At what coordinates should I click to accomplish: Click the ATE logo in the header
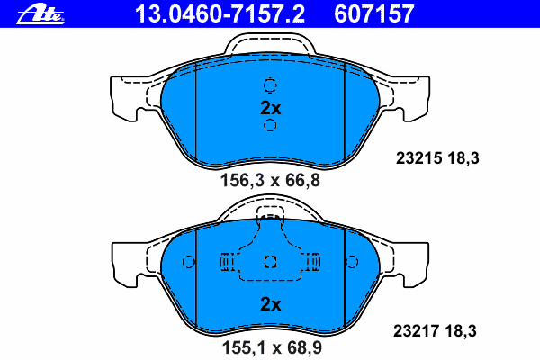tap(40, 14)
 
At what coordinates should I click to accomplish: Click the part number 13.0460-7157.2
tap(220, 13)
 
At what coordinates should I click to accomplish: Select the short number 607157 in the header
tap(373, 13)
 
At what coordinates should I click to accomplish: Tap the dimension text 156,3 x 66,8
tap(270, 180)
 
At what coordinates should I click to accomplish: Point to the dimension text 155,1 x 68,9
tap(272, 347)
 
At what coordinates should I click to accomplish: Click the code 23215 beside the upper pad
tap(418, 158)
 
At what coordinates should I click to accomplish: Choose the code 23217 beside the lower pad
tap(417, 331)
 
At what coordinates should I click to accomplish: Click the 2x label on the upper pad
tap(271, 108)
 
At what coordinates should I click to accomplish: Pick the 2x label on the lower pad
tap(271, 304)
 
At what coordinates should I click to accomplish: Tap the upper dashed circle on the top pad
tap(270, 85)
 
